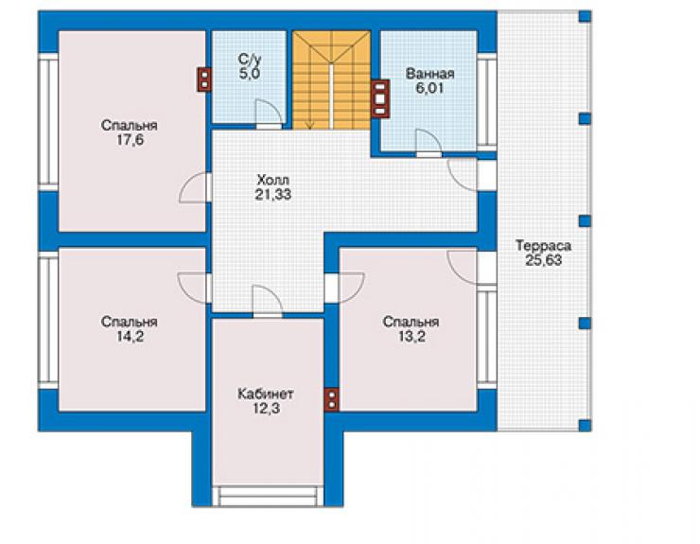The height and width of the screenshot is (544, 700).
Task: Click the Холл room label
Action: (273, 181)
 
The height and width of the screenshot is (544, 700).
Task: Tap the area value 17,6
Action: (131, 140)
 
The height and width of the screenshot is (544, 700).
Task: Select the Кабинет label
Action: (266, 394)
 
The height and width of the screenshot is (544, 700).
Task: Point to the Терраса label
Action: (543, 246)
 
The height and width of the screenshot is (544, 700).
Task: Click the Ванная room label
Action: (429, 74)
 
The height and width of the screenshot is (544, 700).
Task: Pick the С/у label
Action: (250, 59)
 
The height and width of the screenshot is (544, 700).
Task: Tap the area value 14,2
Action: (131, 336)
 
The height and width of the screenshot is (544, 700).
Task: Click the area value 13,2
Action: (411, 336)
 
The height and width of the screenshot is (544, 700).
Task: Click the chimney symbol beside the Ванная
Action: (380, 98)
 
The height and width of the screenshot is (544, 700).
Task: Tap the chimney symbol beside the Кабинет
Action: (331, 399)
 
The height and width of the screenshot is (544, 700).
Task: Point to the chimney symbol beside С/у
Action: (204, 79)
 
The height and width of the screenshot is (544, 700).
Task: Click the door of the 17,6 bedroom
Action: (193, 187)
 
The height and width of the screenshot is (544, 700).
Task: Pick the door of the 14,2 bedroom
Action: (192, 288)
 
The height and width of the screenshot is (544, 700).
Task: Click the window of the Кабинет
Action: (268, 496)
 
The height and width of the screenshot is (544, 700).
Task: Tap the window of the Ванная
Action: (487, 102)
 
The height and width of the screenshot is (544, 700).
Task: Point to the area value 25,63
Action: (543, 260)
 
